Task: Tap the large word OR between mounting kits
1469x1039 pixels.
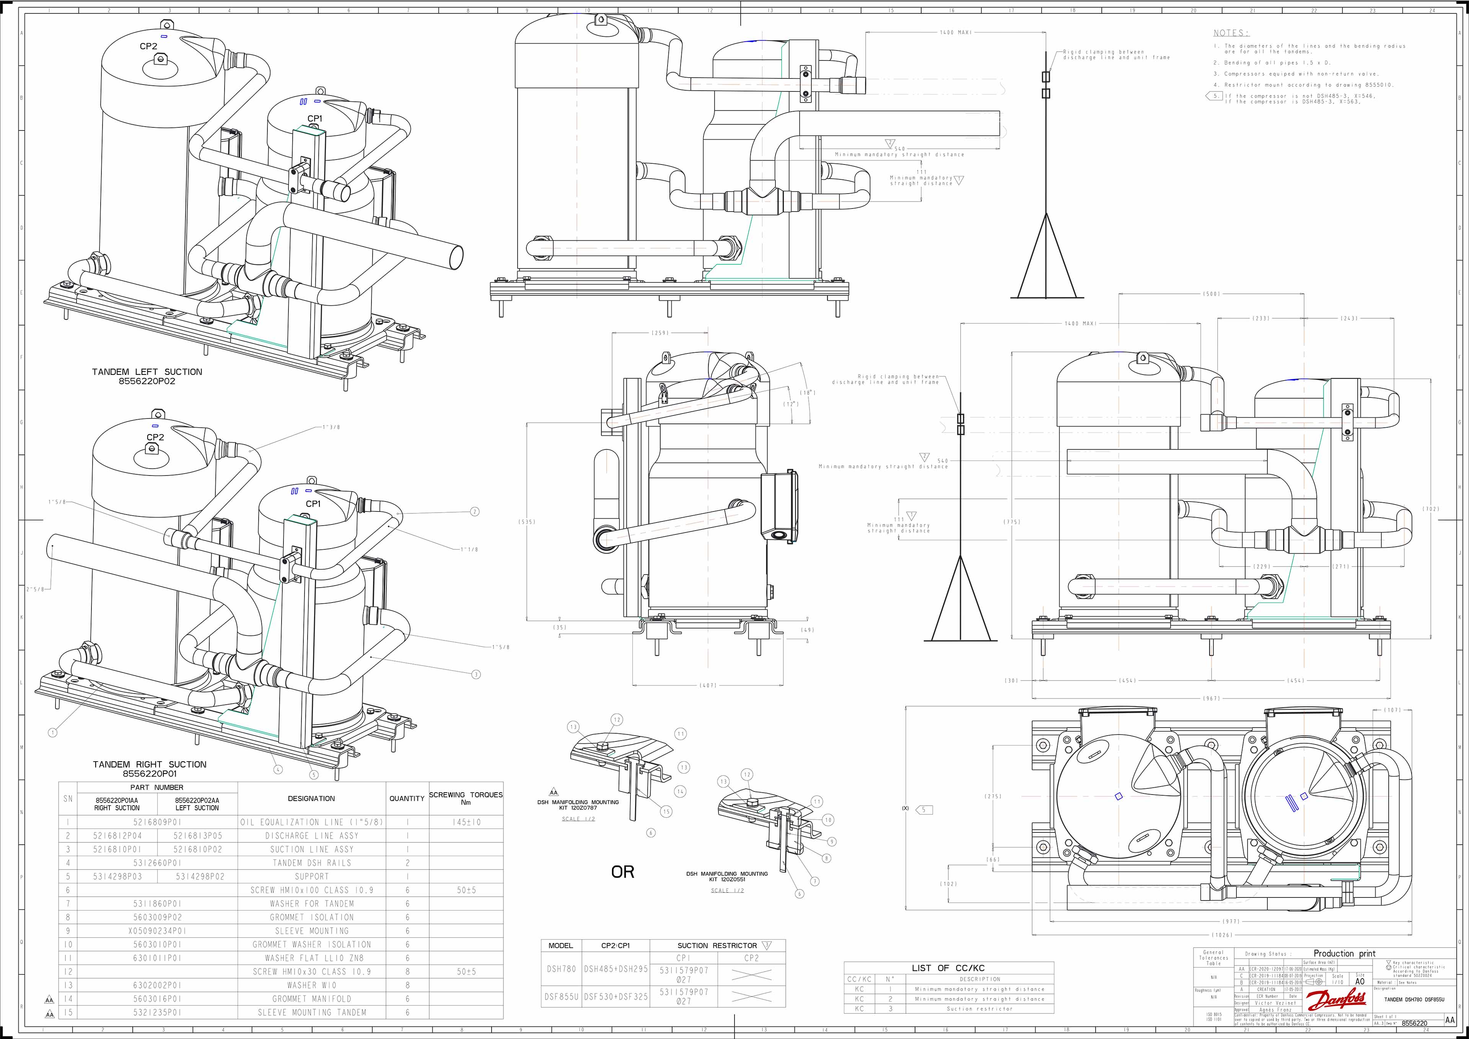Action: tap(622, 872)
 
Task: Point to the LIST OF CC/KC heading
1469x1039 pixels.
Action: tap(948, 968)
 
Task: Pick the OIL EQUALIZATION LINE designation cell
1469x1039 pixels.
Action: tap(311, 822)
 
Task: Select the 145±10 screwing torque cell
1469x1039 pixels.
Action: tap(466, 822)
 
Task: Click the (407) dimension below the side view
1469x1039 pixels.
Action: tap(708, 685)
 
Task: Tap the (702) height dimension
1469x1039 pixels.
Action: tap(1431, 509)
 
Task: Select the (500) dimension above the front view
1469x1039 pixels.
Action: tap(1211, 294)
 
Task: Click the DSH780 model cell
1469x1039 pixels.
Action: tap(561, 969)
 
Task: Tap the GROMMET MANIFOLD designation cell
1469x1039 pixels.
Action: tap(311, 999)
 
